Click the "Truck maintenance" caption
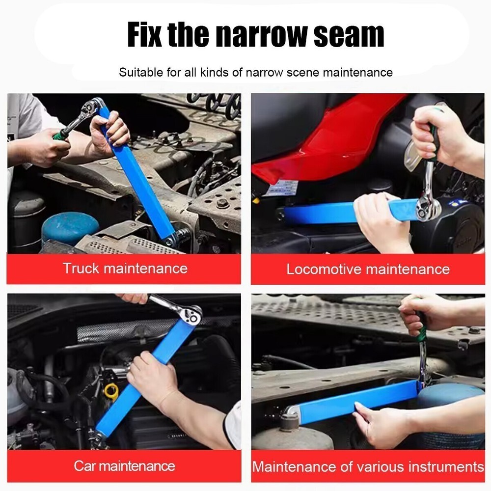pos(125,268)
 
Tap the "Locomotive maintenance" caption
pos(368,269)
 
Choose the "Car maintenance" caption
pos(124,465)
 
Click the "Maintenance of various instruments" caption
pos(368,466)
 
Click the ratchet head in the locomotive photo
pos(427,209)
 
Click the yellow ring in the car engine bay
pos(111,391)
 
